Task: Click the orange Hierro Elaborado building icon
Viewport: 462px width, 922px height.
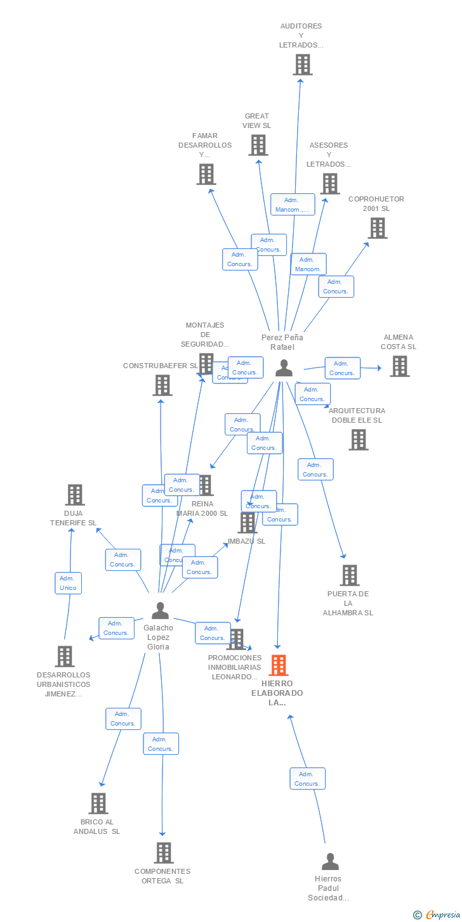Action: click(279, 665)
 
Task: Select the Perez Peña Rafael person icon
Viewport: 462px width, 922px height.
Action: click(284, 368)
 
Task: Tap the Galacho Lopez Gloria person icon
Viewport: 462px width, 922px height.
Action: click(160, 610)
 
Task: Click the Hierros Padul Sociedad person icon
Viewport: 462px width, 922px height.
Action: click(330, 861)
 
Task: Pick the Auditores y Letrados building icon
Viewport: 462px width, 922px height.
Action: click(303, 65)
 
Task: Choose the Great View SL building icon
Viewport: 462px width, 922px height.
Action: click(258, 145)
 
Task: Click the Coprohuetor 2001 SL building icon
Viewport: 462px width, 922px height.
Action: click(377, 228)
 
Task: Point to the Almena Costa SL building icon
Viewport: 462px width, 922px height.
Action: click(399, 366)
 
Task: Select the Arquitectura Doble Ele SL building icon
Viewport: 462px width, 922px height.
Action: click(358, 440)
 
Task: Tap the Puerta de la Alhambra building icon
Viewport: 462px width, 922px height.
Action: click(349, 575)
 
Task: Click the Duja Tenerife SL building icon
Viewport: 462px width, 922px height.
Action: click(75, 495)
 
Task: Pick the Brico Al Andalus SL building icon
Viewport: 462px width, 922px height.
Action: click(98, 804)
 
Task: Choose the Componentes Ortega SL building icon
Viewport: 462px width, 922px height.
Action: click(164, 853)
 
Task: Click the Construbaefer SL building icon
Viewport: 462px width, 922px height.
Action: click(162, 385)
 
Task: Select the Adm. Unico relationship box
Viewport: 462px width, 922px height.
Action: click(68, 583)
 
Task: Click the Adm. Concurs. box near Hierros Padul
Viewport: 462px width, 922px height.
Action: click(307, 779)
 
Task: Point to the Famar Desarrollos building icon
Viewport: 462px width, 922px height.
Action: click(206, 174)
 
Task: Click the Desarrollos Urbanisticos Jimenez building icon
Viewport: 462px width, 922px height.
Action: click(64, 656)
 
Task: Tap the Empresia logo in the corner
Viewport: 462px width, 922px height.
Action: click(436, 914)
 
